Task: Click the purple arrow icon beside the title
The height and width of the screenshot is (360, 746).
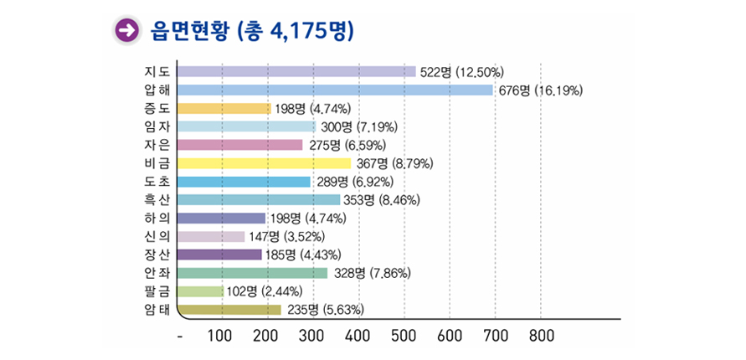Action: pyautogui.click(x=126, y=31)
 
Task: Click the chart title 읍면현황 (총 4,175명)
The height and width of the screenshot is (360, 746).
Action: pyautogui.click(x=250, y=31)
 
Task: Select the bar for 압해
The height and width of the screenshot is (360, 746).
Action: pyautogui.click(x=335, y=90)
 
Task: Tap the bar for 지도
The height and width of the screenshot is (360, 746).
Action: pyautogui.click(x=296, y=71)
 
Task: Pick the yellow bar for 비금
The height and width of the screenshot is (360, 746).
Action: pyautogui.click(x=264, y=163)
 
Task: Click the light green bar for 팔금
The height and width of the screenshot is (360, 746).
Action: pyautogui.click(x=201, y=291)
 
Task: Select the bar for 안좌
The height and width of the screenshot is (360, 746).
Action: pyautogui.click(x=252, y=273)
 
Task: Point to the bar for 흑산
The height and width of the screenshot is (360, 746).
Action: pyautogui.click(x=259, y=200)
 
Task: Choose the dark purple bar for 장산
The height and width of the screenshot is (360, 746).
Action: pyautogui.click(x=219, y=255)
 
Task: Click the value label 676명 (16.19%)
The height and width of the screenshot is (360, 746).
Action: pyautogui.click(x=540, y=90)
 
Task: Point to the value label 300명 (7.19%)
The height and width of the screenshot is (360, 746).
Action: pyautogui.click(x=359, y=127)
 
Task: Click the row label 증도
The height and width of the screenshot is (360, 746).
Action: pyautogui.click(x=157, y=108)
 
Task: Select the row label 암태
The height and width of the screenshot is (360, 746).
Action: pyautogui.click(x=157, y=310)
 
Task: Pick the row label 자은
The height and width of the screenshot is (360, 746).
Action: pyautogui.click(x=157, y=145)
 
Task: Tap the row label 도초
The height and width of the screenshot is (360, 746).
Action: pyautogui.click(x=157, y=182)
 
